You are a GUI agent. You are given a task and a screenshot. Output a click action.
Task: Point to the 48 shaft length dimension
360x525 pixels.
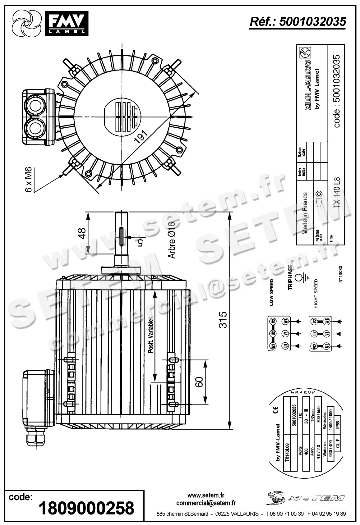[81, 233]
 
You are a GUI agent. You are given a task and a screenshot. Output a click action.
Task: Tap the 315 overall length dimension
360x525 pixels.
[223, 320]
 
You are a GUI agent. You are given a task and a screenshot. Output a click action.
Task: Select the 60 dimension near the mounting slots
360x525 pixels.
[199, 382]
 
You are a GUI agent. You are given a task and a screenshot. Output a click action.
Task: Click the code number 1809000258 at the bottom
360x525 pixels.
[86, 508]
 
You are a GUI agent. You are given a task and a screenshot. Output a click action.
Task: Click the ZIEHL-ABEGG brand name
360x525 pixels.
[308, 84]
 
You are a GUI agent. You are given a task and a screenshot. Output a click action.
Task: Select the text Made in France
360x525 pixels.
[305, 213]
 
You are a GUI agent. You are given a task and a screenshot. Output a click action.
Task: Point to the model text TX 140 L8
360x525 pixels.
[337, 193]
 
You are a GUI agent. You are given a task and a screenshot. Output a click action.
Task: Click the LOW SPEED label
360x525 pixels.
[272, 292]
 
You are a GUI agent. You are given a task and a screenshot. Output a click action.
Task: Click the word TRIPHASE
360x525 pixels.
[290, 277]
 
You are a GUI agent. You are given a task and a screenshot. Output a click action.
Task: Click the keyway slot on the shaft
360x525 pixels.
[121, 236]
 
